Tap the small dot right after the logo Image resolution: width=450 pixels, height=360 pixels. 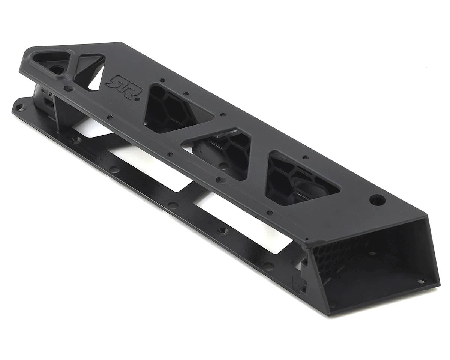(x=137, y=99)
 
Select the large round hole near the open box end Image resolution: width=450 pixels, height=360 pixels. (x=377, y=199)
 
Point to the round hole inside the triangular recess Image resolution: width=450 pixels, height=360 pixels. (x=57, y=69)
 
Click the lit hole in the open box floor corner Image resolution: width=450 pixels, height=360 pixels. (x=420, y=282)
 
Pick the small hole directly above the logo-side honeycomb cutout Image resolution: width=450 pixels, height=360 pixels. (x=162, y=80)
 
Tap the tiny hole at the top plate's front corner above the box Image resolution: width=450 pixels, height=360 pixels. (x=306, y=238)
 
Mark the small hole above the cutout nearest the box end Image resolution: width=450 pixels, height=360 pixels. (x=305, y=157)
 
